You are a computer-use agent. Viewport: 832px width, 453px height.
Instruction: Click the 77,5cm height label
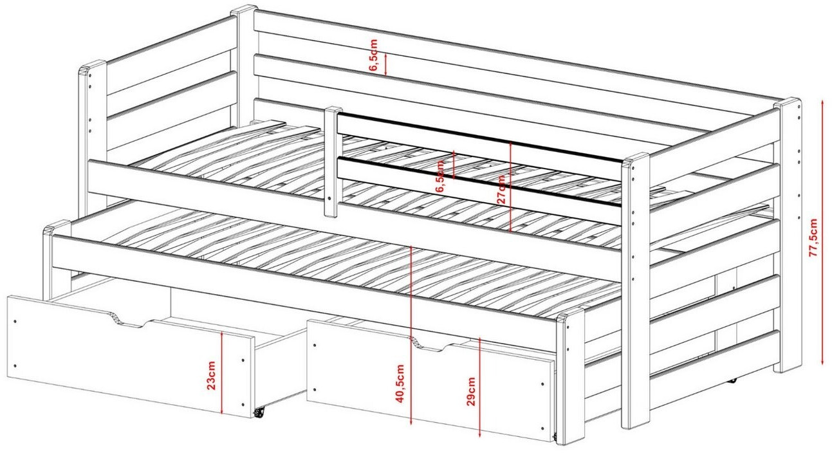(x=813, y=237)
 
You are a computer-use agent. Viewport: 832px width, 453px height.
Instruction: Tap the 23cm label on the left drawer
(x=211, y=375)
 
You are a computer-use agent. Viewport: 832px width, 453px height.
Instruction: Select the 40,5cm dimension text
(x=400, y=384)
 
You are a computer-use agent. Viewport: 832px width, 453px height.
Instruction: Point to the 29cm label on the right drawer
(x=471, y=391)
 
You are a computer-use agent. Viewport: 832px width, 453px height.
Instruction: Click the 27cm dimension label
(x=501, y=189)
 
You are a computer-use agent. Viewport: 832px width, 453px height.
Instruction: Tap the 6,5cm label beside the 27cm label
(x=441, y=176)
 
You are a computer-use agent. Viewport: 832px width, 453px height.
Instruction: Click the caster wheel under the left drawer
(x=259, y=412)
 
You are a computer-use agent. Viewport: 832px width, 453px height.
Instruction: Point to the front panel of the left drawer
(x=130, y=356)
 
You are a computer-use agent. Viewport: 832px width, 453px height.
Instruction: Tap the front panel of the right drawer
(x=431, y=382)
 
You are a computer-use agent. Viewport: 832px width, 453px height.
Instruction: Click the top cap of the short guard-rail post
(x=333, y=110)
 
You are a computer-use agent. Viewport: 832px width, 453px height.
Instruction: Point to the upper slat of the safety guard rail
(x=479, y=139)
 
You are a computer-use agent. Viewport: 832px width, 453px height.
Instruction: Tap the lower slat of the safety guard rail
(x=479, y=182)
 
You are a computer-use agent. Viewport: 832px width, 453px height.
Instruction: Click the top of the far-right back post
(x=787, y=102)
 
